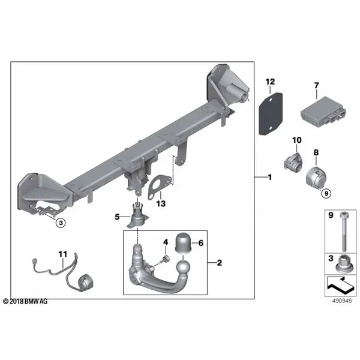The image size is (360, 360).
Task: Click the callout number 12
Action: (x=270, y=82)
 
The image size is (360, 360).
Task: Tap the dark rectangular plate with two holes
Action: (x=271, y=113)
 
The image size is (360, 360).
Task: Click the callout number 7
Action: (x=317, y=86)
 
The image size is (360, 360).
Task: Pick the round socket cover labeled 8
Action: (x=316, y=176)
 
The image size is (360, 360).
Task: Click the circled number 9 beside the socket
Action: (x=326, y=193)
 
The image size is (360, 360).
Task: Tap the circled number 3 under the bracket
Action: (x=61, y=223)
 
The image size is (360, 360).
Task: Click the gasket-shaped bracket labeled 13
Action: (x=159, y=186)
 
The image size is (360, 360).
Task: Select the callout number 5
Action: (x=117, y=217)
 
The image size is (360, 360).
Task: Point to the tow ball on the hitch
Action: (x=183, y=268)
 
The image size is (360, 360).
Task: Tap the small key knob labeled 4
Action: (x=166, y=259)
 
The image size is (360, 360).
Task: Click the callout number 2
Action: (x=220, y=263)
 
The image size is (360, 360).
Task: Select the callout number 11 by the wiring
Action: (x=62, y=254)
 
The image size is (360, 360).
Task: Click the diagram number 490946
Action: (x=342, y=301)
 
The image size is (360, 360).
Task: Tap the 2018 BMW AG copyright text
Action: (x=25, y=301)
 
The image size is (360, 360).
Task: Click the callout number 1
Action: (x=270, y=177)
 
